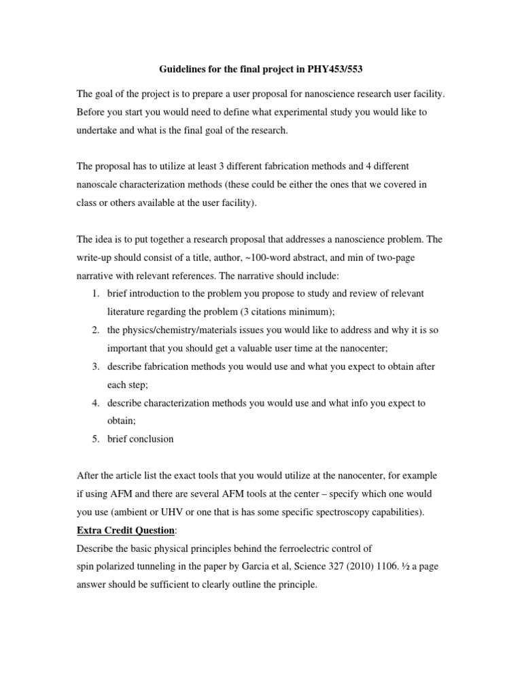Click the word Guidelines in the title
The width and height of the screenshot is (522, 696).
184,69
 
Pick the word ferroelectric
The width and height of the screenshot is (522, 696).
296,548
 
